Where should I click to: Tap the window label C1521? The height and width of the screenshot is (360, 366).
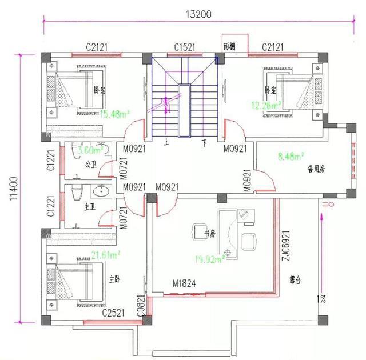[186, 47]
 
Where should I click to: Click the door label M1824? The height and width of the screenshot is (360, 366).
[185, 283]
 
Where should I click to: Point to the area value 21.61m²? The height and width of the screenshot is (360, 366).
[106, 254]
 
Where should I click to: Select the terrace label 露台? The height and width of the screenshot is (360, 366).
[296, 280]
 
